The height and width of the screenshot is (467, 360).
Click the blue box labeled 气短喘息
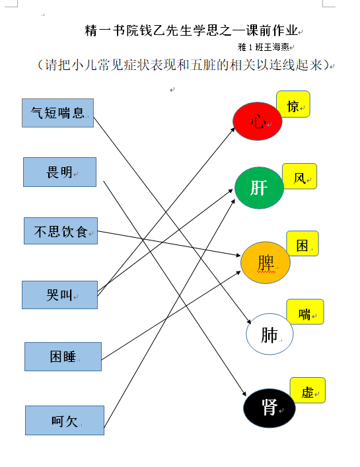57,113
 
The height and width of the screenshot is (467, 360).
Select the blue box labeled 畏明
60,172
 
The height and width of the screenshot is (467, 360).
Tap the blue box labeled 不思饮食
61,231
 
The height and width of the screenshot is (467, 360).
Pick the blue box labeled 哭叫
60,295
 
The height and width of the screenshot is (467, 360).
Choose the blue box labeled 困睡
63,357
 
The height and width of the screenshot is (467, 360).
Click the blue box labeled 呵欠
65,420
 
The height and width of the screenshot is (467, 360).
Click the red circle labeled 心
257,122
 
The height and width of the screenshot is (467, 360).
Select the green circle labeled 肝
259,188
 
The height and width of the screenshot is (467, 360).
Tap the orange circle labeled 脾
266,262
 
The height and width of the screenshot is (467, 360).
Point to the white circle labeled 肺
270,334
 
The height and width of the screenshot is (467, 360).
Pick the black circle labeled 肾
270,408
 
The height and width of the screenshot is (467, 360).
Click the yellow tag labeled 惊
293,104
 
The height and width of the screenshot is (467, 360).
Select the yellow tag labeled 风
299,176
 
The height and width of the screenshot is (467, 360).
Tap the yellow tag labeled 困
303,244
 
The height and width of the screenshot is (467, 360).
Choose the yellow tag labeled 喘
305,312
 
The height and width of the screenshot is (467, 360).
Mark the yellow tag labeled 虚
308,390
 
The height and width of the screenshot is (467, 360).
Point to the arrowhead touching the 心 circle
233,130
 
